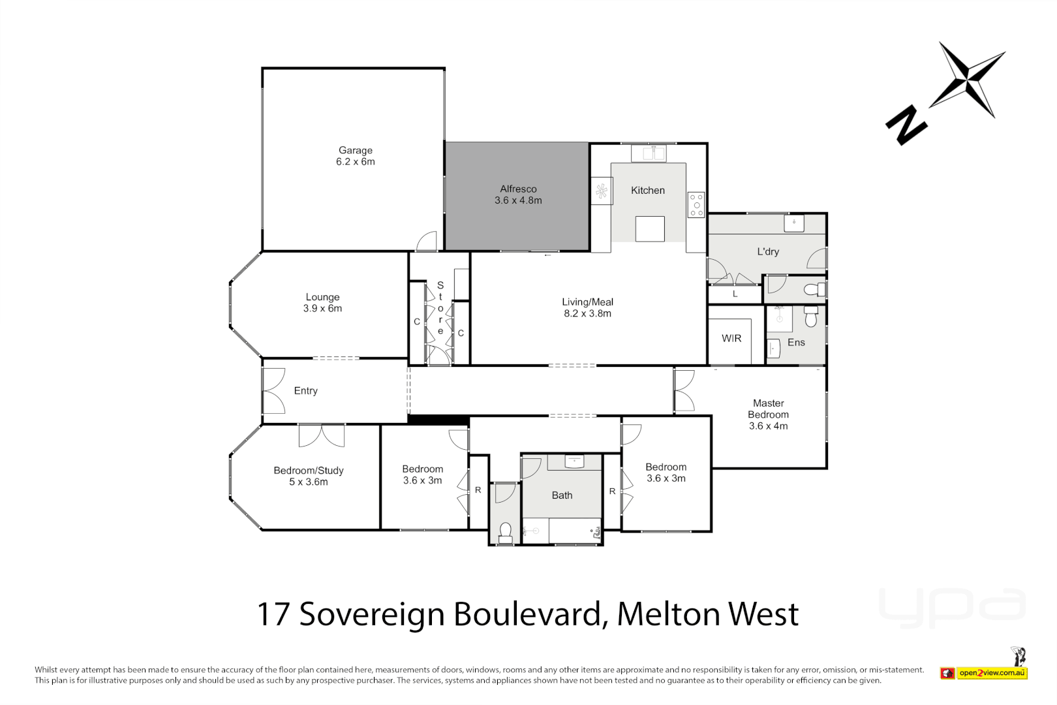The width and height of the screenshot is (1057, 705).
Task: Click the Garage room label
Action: tap(355, 150)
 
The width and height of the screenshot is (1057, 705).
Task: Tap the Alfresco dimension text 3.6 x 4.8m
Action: tap(518, 200)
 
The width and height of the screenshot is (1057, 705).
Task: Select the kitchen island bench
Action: tap(650, 229)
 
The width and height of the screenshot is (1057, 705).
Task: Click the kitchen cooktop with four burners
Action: tap(696, 204)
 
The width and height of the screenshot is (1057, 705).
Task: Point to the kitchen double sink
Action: tap(649, 153)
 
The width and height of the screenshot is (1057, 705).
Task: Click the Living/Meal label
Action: tap(587, 302)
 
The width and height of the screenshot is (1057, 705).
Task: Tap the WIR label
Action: tap(731, 338)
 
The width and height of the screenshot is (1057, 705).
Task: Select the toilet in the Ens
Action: tap(811, 316)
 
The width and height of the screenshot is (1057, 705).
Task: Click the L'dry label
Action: tap(768, 251)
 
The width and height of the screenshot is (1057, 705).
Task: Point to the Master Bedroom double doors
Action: tap(684, 391)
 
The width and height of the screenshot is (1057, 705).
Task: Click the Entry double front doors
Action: tap(274, 391)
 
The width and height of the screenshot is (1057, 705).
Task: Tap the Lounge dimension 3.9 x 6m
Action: tap(322, 308)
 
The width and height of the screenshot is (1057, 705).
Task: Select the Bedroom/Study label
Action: tap(309, 470)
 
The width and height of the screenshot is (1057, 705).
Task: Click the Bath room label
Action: tap(562, 495)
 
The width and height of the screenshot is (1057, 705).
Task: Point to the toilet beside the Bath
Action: tap(505, 532)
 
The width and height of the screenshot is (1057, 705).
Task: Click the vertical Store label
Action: tap(440, 308)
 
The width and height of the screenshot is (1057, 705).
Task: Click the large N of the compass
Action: tap(906, 126)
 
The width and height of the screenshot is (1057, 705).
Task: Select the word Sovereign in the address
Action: tap(373, 614)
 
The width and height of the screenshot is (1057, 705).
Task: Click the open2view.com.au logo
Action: tap(992, 672)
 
